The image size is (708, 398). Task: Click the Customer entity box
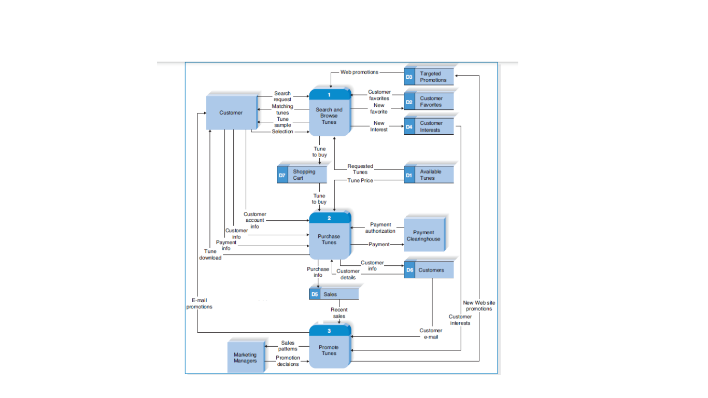(x=231, y=112)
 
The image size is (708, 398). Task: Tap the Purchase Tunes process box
(x=329, y=239)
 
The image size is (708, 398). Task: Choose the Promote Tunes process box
(x=329, y=350)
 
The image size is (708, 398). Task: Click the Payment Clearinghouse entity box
(x=423, y=236)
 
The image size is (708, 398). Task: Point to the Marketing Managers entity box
(x=245, y=358)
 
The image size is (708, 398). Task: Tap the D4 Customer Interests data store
(x=429, y=126)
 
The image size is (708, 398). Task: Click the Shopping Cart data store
(x=302, y=175)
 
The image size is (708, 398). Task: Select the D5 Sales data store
(x=333, y=294)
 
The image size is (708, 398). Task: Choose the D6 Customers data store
(x=429, y=270)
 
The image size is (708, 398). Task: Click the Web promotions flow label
(x=359, y=72)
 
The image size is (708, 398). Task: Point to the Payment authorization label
(x=380, y=228)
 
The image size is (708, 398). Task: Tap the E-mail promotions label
(x=200, y=303)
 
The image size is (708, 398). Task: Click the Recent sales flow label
(x=339, y=312)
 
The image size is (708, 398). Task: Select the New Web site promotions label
(x=478, y=306)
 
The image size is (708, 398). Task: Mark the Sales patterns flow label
(x=288, y=346)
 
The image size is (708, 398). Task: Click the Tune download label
(x=210, y=254)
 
